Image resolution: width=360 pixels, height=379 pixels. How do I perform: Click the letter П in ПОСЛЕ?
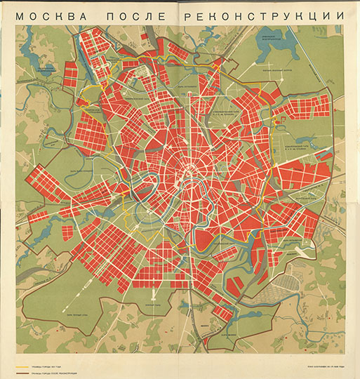[x=108, y=15]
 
